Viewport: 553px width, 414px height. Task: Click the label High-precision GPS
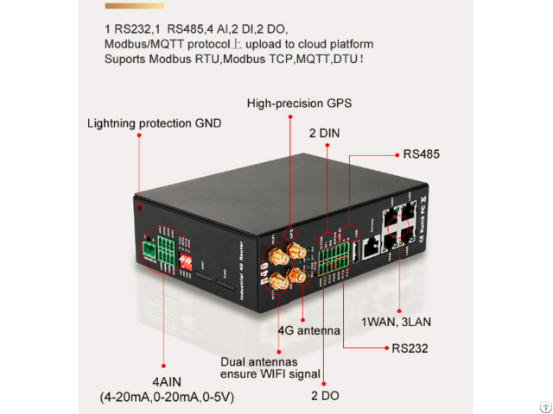coord(299,103)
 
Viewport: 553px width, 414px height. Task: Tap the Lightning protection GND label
coord(154,123)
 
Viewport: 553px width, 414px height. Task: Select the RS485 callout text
coord(422,155)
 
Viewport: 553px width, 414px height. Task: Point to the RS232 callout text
coord(410,348)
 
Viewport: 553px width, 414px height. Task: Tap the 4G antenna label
coord(308,330)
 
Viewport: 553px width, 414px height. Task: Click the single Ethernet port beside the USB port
coord(372,245)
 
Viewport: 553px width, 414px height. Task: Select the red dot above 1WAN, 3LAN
coord(401,310)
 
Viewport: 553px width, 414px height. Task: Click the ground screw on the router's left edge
coord(137,207)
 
